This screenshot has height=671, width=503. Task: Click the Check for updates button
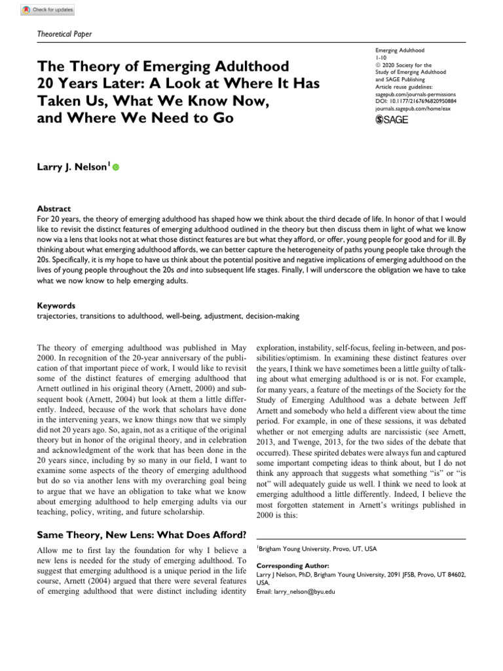pos(48,10)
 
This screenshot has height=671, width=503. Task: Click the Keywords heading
pos(56,305)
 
